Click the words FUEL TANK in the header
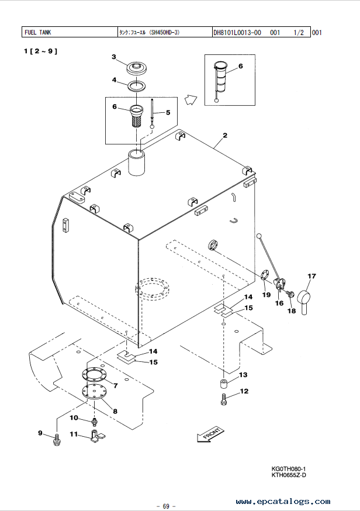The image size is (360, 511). click(x=38, y=32)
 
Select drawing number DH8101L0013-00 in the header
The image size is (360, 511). click(x=237, y=32)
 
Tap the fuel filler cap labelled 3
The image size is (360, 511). click(x=137, y=68)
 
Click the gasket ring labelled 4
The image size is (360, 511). click(x=136, y=85)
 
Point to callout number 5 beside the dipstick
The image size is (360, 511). click(x=168, y=112)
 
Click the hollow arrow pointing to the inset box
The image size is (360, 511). click(x=191, y=100)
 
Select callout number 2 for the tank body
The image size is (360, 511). click(x=225, y=135)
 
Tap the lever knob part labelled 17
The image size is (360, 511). click(x=305, y=301)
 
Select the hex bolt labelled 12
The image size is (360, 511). click(x=224, y=399)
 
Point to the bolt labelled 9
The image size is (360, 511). click(x=57, y=439)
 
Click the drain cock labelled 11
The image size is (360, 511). click(x=98, y=436)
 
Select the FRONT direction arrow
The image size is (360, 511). click(x=210, y=434)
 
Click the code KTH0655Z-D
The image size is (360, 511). click(x=289, y=475)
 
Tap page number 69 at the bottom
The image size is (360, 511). click(x=166, y=506)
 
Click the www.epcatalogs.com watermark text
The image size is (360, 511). click(x=283, y=501)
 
